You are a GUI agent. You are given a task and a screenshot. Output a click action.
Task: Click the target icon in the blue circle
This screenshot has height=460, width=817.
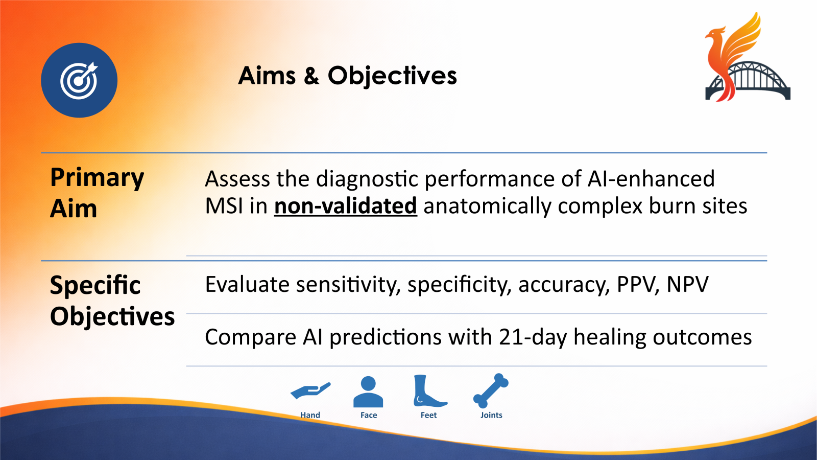[79, 80]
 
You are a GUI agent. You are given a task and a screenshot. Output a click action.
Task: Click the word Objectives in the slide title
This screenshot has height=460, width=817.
[392, 76]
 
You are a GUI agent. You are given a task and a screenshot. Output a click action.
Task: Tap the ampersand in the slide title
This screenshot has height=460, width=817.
[311, 76]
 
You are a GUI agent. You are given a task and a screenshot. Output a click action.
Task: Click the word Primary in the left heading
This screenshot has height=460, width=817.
[97, 178]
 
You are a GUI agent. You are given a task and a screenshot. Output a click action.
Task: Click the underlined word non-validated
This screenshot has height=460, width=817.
[345, 206]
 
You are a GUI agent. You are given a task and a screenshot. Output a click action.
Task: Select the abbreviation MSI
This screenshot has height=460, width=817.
[224, 206]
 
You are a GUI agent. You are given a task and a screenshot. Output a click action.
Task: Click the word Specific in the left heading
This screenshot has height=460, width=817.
[95, 285]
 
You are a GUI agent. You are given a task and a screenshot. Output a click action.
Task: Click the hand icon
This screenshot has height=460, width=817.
[310, 391]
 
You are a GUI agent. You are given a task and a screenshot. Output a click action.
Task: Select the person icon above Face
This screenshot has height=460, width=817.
[368, 392]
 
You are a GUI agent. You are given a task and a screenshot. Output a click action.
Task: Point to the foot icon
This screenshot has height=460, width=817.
[428, 392]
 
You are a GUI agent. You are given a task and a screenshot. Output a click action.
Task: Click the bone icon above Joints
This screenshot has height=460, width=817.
[491, 390]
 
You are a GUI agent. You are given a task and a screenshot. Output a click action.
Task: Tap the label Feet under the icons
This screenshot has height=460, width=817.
[428, 415]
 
